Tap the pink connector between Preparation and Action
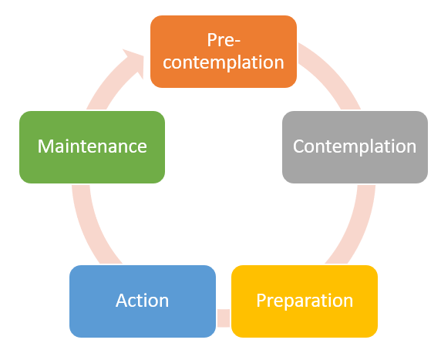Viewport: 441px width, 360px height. point(224,317)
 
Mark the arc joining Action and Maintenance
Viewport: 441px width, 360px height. point(89,224)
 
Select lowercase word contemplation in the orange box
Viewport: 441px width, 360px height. point(224,62)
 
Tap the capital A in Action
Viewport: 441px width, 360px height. point(121,301)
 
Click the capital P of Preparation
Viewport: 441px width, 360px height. point(261,301)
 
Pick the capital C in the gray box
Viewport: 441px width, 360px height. point(299,146)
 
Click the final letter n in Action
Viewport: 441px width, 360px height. point(163,301)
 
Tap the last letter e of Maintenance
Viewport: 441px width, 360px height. point(141,147)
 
